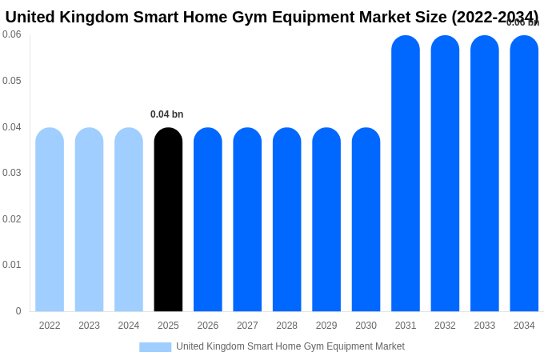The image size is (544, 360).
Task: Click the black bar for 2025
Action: (x=168, y=220)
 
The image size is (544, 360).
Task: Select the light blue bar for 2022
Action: (x=50, y=220)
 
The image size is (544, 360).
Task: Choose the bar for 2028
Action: (x=286, y=220)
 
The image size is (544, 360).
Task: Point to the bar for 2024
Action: (x=129, y=220)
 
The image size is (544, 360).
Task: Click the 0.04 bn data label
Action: (x=167, y=114)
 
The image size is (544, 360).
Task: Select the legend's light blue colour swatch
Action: (x=155, y=347)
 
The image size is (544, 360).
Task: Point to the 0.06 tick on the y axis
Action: (x=12, y=34)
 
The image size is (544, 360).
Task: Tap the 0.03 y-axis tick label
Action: (x=12, y=173)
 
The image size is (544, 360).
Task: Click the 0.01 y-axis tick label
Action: (x=12, y=265)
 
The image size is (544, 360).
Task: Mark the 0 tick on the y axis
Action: (x=18, y=311)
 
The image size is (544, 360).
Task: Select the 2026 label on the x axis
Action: (x=208, y=326)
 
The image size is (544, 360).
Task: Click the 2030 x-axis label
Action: (x=366, y=326)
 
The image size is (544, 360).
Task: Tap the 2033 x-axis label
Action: (x=485, y=326)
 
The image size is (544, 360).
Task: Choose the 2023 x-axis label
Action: (x=89, y=326)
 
